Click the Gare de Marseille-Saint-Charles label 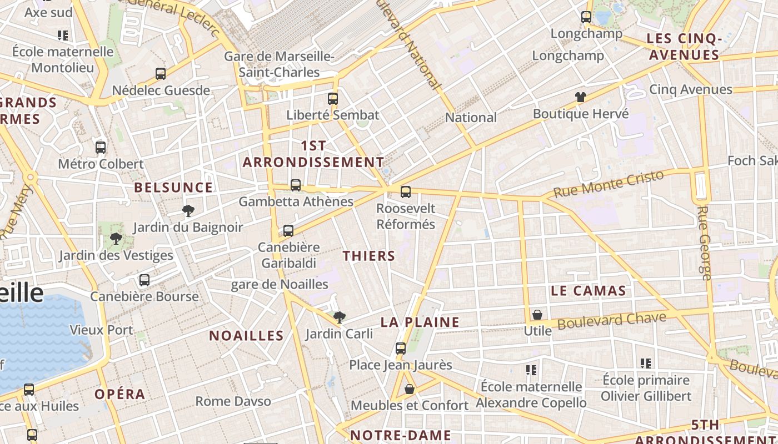pyautogui.click(x=280, y=64)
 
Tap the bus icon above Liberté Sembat pyautogui.click(x=333, y=99)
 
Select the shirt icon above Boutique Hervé pyautogui.click(x=581, y=97)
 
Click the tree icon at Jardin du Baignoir pyautogui.click(x=188, y=211)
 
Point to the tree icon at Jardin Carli pyautogui.click(x=339, y=317)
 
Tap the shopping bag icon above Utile pyautogui.click(x=537, y=315)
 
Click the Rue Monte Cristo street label pyautogui.click(x=609, y=184)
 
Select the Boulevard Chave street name pyautogui.click(x=611, y=321)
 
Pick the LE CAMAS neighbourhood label pyautogui.click(x=588, y=290)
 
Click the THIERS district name pyautogui.click(x=369, y=256)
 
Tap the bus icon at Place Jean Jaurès pyautogui.click(x=401, y=349)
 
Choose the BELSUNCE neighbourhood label pyautogui.click(x=173, y=188)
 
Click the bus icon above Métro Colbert pyautogui.click(x=101, y=148)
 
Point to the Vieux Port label pyautogui.click(x=101, y=330)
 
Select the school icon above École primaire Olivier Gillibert pyautogui.click(x=645, y=364)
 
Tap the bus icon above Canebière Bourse pyautogui.click(x=144, y=280)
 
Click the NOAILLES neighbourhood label pyautogui.click(x=246, y=336)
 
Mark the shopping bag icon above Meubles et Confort pyautogui.click(x=410, y=389)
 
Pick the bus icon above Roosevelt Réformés pyautogui.click(x=406, y=192)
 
